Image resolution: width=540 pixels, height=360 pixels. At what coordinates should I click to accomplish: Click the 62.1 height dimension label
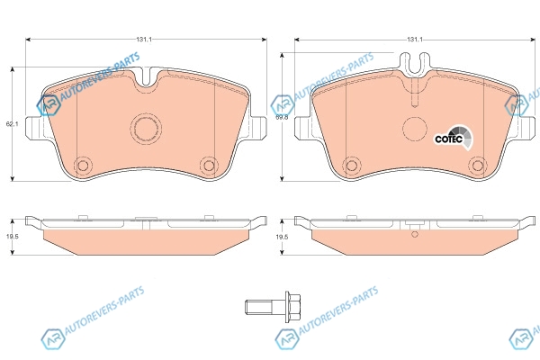pos(12,123)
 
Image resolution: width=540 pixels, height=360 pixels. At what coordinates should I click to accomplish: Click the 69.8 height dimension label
pos(282,117)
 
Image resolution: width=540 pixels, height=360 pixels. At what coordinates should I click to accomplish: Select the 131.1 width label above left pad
pos(144,40)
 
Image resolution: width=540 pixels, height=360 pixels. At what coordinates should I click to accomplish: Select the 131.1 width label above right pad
pos(415,40)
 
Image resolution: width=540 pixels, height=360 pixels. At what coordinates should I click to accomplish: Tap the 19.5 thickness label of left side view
pos(12,237)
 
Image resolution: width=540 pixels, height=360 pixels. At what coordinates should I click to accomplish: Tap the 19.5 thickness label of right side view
pos(282,237)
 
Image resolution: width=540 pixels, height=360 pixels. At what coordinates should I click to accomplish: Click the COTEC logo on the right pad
pos(454,137)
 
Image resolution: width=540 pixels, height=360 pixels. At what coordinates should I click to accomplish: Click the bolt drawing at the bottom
pos(273,306)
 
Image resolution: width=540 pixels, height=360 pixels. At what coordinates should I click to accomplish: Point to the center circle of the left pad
pos(146,129)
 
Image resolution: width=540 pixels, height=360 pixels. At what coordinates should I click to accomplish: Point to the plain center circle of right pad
pos(415,129)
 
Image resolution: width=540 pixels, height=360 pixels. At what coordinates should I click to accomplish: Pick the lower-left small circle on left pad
pos(83,166)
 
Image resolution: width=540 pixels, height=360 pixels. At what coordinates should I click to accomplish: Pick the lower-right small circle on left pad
pos(209,166)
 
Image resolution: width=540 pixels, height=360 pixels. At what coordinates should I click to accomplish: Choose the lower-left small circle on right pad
pos(352,166)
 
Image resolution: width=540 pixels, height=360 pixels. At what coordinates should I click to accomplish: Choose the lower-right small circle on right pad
pos(478,166)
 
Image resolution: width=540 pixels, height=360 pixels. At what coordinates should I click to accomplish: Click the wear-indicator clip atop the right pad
pos(415,64)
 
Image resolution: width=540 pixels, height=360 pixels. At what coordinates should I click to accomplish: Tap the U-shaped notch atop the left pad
pos(146,76)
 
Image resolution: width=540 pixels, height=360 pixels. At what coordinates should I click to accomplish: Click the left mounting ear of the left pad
pos(35,128)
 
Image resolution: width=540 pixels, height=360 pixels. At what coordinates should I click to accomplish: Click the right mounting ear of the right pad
pos(526,128)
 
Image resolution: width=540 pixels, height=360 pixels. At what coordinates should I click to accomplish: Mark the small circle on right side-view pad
pos(415,234)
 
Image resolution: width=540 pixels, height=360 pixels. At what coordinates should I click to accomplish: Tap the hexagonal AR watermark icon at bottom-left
pos(52,338)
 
